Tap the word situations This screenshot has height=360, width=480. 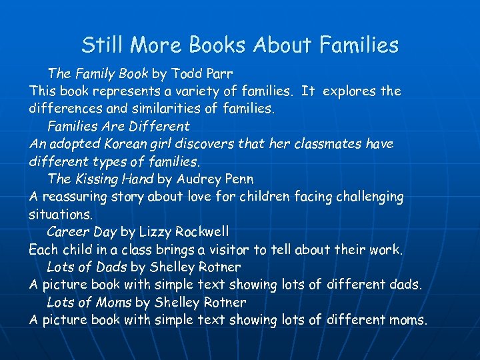point(61,215)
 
